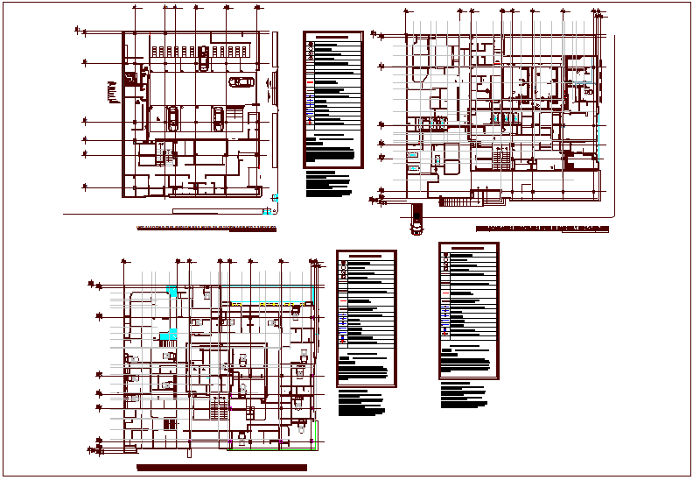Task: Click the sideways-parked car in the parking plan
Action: tap(241, 82)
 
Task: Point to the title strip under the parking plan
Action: tap(206, 229)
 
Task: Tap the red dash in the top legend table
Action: tap(310, 81)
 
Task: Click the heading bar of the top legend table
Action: tap(332, 39)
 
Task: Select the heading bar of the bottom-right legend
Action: tap(469, 249)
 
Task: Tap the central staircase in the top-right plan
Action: tap(502, 159)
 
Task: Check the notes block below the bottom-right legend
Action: tap(464, 393)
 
